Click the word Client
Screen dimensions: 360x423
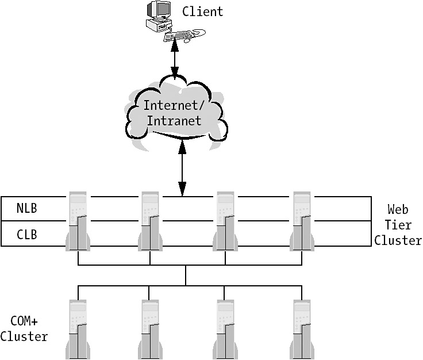202,11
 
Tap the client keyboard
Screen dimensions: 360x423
179,36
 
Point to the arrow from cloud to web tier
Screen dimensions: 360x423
182,167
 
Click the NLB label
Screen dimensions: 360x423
27,208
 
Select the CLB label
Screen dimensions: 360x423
27,234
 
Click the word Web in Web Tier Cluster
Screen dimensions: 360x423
398,209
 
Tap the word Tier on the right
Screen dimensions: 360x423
398,225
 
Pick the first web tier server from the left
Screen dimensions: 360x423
78,221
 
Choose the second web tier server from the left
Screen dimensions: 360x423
151,221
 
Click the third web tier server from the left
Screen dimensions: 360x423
225,221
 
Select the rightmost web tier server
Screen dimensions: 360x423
302,221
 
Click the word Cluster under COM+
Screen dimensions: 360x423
24,336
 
